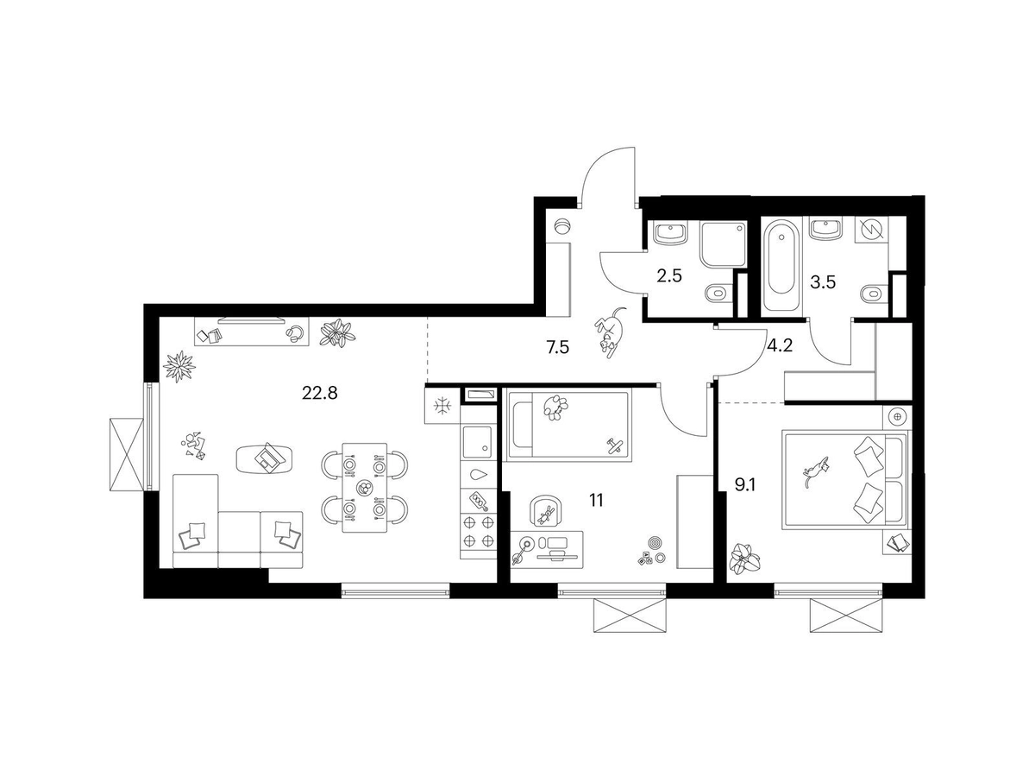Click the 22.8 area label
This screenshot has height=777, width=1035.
pos(320,393)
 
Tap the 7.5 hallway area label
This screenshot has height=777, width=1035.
pos(557,348)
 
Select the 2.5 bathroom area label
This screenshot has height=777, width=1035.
pos(669,276)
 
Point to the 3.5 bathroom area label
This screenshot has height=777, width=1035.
pos(823,282)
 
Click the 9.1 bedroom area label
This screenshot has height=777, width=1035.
pos(745,484)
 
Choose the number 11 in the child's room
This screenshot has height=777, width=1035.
pos(596,500)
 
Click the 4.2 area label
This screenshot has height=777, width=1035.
pos(780,346)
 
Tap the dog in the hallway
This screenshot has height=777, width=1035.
pos(610,332)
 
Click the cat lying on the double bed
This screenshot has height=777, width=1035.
pos(815,470)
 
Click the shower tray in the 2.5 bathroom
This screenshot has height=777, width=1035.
pos(723,244)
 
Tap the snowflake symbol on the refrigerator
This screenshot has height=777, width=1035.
pos(442,405)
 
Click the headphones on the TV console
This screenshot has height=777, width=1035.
pos(295,332)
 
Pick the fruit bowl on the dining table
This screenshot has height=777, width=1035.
pos(364,486)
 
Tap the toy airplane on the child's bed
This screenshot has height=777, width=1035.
pos(614,445)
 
